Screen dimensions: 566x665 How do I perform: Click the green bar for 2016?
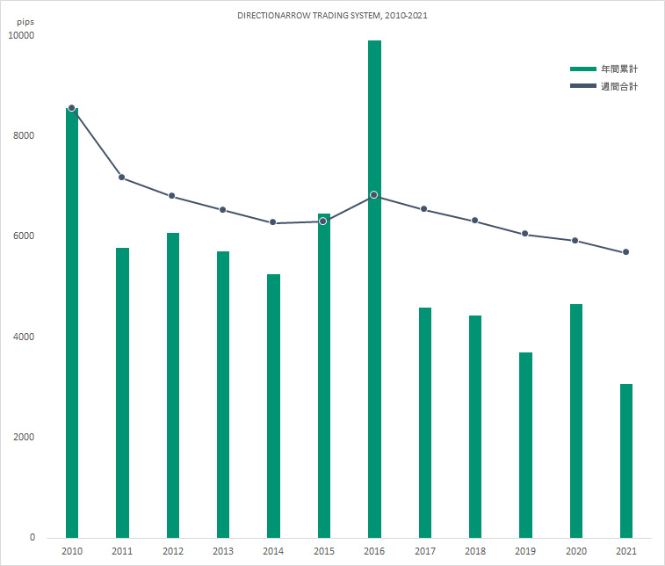click(374, 290)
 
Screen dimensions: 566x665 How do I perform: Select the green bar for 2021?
click(625, 461)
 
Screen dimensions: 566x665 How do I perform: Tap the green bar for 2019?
click(525, 445)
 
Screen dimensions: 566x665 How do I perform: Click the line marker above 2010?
click(71, 107)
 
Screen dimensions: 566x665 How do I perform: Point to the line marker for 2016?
click(374, 195)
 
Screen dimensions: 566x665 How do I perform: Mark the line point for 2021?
click(625, 252)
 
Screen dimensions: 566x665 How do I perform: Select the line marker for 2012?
click(172, 196)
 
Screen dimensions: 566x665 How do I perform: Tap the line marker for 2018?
click(475, 221)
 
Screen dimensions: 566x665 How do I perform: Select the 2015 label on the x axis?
click(323, 551)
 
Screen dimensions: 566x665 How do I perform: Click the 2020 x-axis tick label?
click(575, 551)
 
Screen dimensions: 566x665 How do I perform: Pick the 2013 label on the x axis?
click(223, 551)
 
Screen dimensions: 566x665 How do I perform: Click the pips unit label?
click(25, 21)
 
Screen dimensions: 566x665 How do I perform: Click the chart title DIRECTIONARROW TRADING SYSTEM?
click(332, 16)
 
